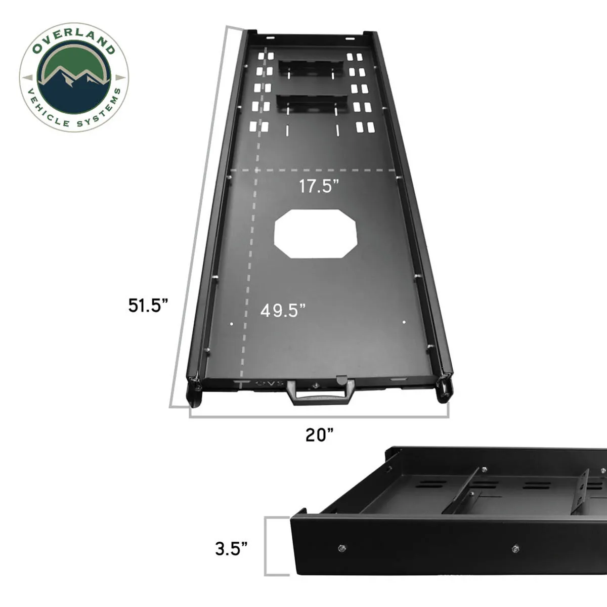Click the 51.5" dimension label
(x=148, y=306)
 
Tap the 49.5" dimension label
(x=283, y=310)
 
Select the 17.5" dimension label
(x=318, y=186)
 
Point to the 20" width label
(x=319, y=435)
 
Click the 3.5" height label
(x=231, y=548)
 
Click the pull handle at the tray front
(x=319, y=393)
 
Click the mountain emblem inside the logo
(x=74, y=76)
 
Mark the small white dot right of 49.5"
(x=404, y=322)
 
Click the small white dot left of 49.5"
(x=231, y=323)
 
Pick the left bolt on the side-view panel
(x=342, y=548)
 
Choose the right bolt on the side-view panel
(x=515, y=548)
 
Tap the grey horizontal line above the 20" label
(x=319, y=416)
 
